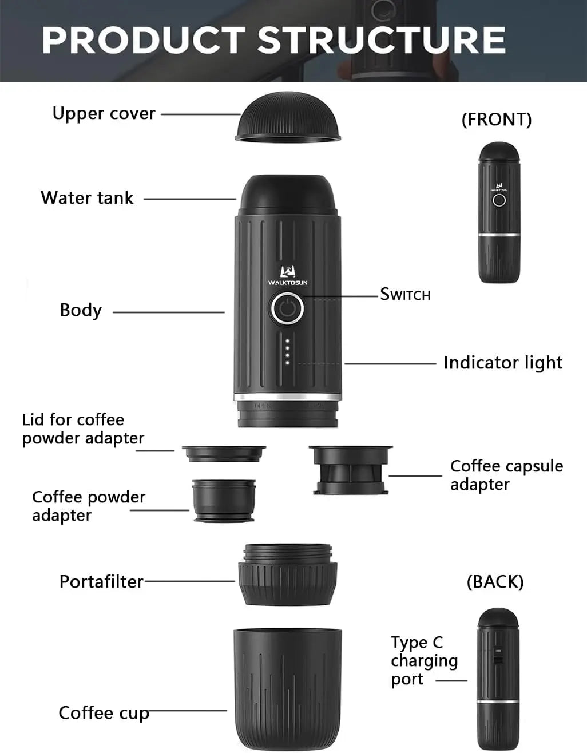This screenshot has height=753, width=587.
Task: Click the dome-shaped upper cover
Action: (288, 117)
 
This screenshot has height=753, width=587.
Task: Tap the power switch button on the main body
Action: (287, 309)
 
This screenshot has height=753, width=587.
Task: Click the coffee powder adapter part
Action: (224, 500)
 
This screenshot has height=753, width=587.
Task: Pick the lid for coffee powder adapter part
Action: (224, 454)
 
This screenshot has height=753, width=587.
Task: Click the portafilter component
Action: (287, 575)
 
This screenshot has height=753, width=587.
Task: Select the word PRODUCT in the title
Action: (144, 40)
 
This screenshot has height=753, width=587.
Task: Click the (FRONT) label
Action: (497, 119)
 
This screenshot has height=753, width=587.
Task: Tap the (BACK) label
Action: (495, 581)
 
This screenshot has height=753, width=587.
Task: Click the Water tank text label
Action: (87, 198)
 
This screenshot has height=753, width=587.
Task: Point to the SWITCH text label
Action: (405, 295)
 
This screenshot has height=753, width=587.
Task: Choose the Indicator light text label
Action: (503, 363)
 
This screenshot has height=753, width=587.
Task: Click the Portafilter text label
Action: (101, 582)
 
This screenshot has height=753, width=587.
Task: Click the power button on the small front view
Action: (499, 200)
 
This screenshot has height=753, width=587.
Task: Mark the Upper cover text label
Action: (104, 113)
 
